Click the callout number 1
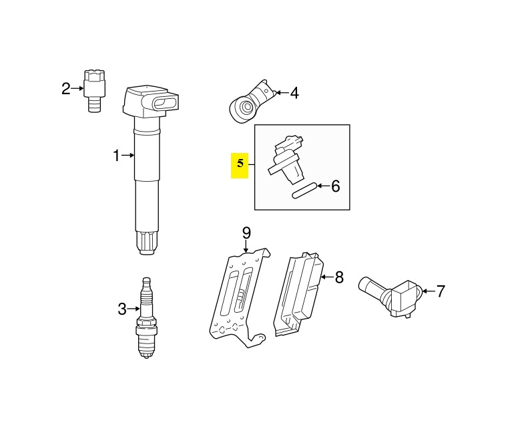click(116, 156)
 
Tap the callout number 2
click(66, 89)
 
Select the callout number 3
click(122, 309)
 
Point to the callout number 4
click(294, 93)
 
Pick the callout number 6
click(335, 186)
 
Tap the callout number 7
click(441, 291)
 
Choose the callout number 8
click(339, 277)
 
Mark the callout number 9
click(246, 233)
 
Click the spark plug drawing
click(146, 317)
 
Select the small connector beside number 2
click(95, 91)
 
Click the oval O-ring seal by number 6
click(304, 191)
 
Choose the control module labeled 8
click(298, 295)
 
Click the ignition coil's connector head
click(150, 102)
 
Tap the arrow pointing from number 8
click(327, 277)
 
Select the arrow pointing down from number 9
click(246, 247)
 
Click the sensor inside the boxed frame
click(286, 160)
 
